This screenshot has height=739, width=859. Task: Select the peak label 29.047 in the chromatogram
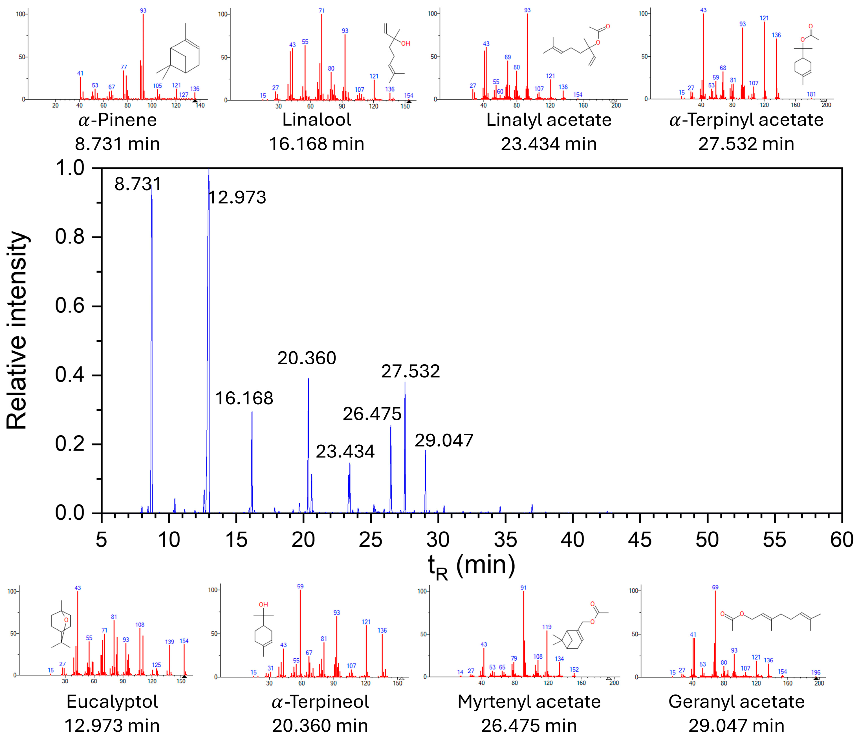(444, 441)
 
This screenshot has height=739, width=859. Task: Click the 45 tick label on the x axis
(640, 540)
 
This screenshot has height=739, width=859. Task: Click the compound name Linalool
(316, 120)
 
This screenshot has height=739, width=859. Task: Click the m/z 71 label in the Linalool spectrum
(322, 11)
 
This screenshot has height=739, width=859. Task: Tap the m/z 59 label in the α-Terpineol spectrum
(300, 586)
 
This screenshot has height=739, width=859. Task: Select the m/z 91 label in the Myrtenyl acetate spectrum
(524, 587)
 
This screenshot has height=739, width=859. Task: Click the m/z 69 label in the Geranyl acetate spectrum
(715, 587)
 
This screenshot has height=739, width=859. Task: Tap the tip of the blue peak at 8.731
(152, 185)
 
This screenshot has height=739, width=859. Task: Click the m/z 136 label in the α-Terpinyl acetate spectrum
(776, 35)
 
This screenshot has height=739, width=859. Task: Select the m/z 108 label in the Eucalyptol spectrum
(140, 624)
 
